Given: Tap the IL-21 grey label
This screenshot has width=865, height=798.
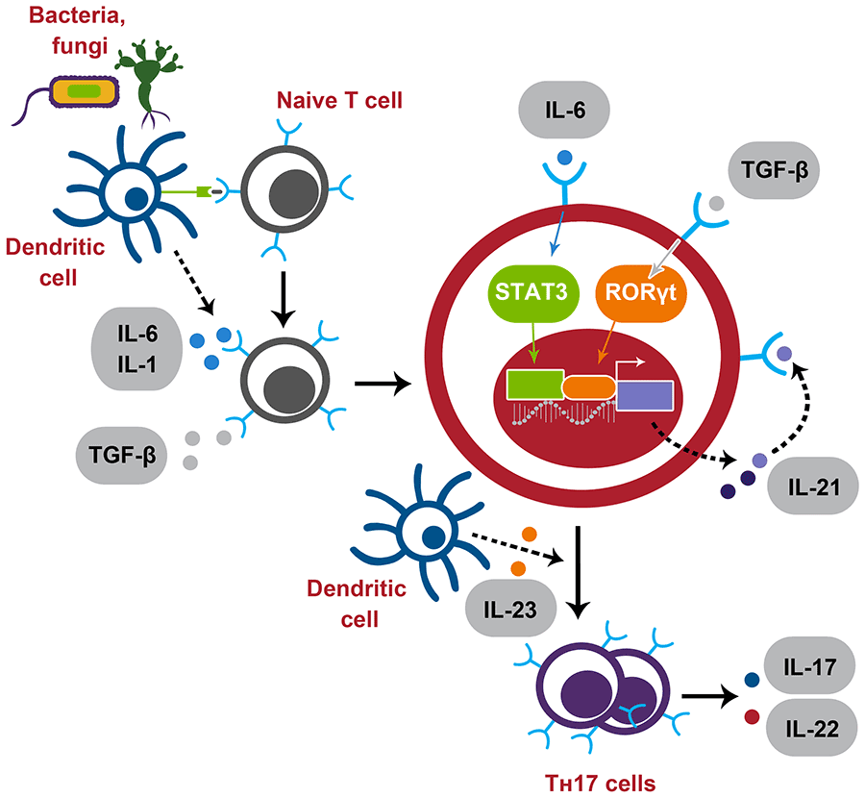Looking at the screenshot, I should click(x=813, y=487).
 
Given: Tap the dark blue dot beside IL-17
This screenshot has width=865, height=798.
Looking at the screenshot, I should click(x=752, y=680).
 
